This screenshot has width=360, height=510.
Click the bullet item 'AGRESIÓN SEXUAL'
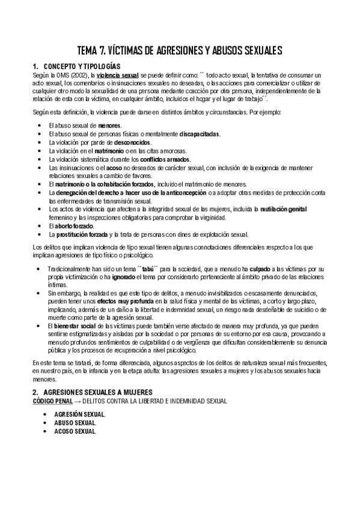(x=79, y=414)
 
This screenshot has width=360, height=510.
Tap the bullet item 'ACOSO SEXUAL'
(x=75, y=431)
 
